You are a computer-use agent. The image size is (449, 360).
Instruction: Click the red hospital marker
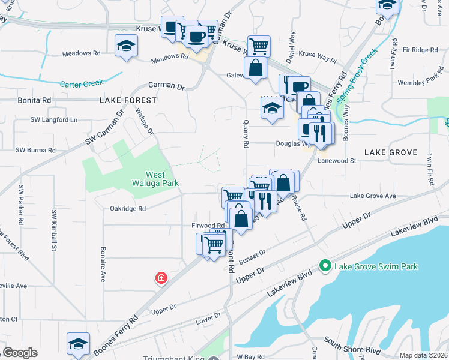coord(161,278)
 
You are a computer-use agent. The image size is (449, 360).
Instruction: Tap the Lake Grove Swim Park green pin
coord(325,265)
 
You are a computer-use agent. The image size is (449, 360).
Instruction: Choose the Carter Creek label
coord(81,83)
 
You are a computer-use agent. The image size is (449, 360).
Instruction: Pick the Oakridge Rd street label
coord(128,209)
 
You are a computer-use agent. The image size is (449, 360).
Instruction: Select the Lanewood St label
coord(337,161)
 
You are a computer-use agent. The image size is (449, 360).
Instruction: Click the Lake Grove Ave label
coord(373,196)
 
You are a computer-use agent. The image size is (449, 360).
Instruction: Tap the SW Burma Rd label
coord(35,150)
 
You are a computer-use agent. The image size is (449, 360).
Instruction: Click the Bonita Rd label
coord(34,100)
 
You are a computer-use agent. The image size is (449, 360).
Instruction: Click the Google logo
coord(20,353)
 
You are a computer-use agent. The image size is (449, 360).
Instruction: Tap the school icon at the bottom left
coord(78,344)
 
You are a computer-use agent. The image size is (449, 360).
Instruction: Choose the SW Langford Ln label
coord(54,120)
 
